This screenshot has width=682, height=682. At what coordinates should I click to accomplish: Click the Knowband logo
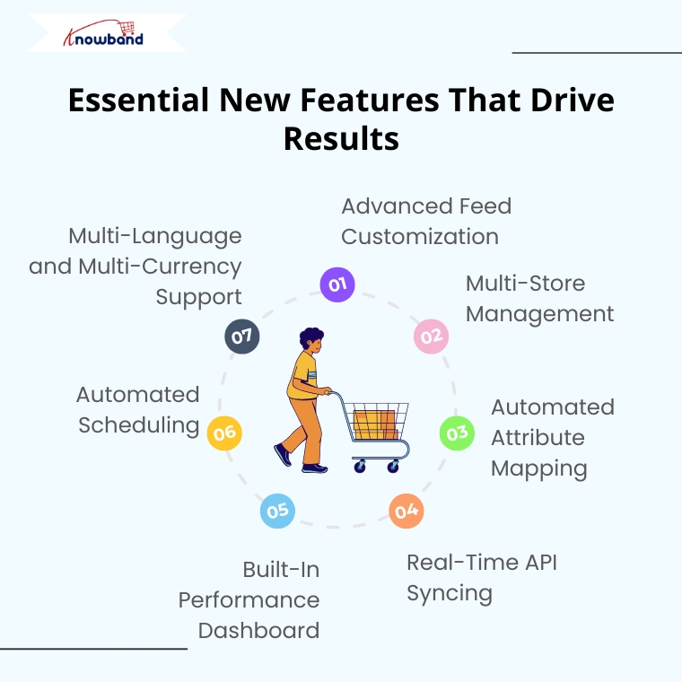pos(103,33)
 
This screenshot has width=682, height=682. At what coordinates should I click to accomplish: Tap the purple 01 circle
pos(337,284)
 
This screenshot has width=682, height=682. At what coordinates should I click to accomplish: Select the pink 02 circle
pos(431,337)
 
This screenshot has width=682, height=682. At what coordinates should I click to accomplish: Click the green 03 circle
pos(457,433)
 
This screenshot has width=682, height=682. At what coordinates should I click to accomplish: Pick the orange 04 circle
pos(407,511)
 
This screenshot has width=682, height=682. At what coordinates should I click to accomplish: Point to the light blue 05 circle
pos(277,511)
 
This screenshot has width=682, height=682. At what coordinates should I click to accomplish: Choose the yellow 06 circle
pos(224,433)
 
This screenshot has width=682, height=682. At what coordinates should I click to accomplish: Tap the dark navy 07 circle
pos(241,337)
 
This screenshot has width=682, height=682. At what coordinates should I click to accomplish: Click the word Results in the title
pos(341,139)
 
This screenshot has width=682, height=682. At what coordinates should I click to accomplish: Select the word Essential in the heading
pos(139,100)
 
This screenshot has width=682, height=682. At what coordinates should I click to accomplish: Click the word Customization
pos(420,237)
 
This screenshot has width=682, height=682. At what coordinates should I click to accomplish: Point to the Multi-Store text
pos(526,284)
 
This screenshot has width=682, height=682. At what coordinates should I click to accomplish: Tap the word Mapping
pos(539,469)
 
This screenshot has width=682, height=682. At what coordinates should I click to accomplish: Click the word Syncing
pos(450,594)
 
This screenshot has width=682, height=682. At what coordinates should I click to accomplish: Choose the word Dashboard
pos(258,631)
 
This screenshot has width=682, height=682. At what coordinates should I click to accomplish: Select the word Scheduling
pos(139,426)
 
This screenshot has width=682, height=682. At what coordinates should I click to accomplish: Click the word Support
pos(199,298)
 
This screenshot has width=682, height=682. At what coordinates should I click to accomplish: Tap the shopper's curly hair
pos(311,337)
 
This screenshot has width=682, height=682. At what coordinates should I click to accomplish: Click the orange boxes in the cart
pos(375,424)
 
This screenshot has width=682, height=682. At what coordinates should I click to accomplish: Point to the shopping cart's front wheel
pos(393,467)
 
